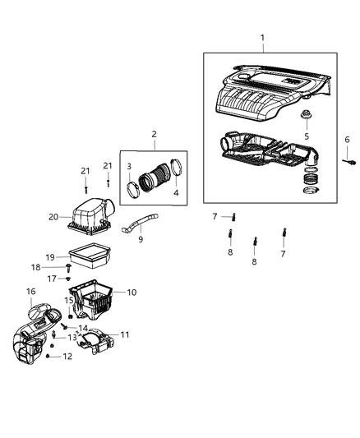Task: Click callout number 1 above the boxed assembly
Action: [x=263, y=38]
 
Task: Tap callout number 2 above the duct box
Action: [x=154, y=134]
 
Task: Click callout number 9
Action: [x=140, y=240]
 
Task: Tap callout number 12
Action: [x=68, y=356]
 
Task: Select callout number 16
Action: [x=30, y=292]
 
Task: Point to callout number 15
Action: [x=70, y=301]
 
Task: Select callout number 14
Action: [x=83, y=328]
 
